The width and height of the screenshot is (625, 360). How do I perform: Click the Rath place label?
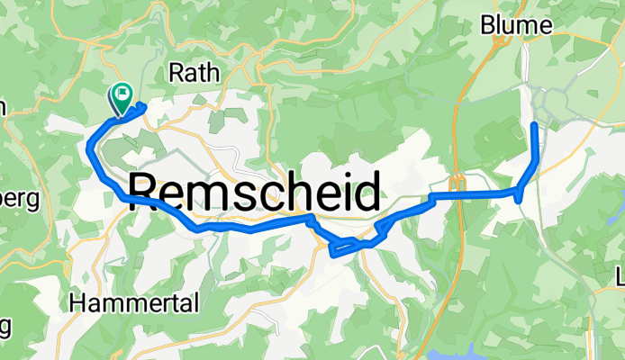pos(194,74)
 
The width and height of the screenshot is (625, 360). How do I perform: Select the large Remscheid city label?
pos(253,192)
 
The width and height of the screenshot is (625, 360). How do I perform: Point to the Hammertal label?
pos(133,304)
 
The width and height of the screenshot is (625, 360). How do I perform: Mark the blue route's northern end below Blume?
pos(536,123)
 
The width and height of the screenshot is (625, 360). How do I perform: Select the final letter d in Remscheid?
pos(364,192)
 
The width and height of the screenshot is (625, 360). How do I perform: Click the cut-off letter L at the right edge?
pos(620,274)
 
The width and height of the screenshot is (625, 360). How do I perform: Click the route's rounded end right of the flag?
pos(142,107)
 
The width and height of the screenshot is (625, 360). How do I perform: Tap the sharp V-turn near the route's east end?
pos(520,199)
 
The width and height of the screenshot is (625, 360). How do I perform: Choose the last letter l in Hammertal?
pos(195,304)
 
